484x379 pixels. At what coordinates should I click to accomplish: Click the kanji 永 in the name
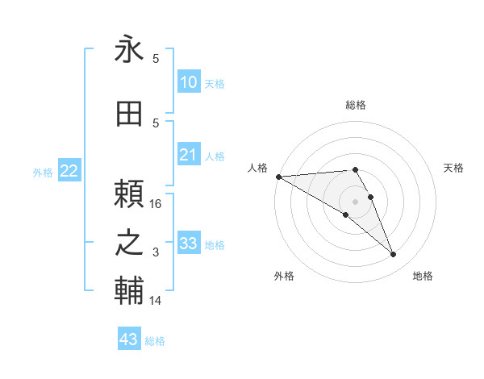129,49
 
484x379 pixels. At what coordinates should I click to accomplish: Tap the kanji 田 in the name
129,115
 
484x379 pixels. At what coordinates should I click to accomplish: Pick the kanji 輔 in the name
129,291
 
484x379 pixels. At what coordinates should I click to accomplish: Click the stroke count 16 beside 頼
156,204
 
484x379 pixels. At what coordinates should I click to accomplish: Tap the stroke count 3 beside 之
156,252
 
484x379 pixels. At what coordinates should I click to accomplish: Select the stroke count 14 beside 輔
156,301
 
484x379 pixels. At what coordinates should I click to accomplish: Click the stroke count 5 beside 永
156,59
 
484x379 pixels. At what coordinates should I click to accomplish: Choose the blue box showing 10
188,82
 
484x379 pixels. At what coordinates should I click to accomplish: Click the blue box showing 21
188,155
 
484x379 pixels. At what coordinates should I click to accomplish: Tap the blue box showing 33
188,244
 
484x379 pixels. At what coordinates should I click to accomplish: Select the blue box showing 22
69,171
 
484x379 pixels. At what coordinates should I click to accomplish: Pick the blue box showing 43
129,339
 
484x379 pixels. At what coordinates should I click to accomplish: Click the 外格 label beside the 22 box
43,172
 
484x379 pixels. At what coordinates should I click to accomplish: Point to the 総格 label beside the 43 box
155,341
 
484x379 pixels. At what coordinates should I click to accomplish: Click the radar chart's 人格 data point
278,177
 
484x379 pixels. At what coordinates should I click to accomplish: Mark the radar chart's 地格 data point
394,255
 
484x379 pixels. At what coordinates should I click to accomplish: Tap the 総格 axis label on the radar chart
355,105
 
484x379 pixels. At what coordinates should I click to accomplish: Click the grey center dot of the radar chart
355,201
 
